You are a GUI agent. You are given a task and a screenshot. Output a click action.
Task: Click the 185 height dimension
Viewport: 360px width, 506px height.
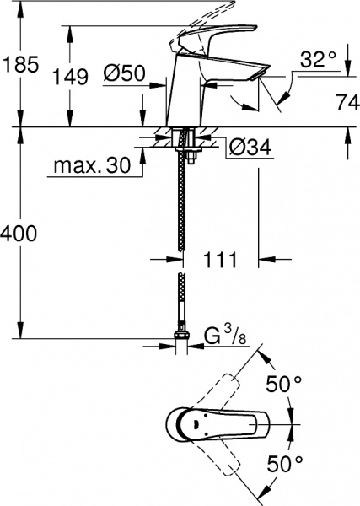[x=19, y=62]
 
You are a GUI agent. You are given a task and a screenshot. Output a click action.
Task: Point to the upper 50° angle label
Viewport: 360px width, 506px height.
[x=284, y=384]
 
